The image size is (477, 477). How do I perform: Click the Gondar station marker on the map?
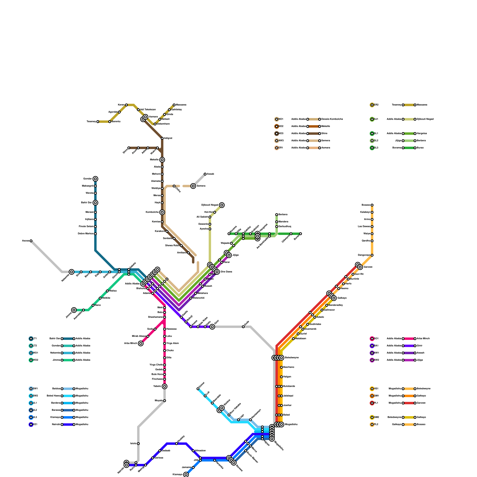click(95, 179)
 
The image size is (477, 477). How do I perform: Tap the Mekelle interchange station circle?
click(162, 160)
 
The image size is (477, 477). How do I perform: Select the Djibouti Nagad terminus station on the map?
click(222, 205)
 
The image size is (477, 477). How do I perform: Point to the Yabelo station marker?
click(165, 386)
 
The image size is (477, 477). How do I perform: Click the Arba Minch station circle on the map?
click(141, 343)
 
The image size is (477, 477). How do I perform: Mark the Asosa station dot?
click(31, 241)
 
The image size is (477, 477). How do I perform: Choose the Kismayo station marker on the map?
click(186, 475)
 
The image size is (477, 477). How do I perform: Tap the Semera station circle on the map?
click(193, 186)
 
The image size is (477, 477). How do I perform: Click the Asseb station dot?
click(205, 174)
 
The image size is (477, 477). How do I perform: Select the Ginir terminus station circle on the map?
click(212, 327)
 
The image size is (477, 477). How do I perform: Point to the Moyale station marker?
click(165, 401)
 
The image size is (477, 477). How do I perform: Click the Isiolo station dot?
click(138, 444)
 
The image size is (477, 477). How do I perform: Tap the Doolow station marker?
click(198, 389)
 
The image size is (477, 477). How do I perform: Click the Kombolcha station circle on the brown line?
click(162, 212)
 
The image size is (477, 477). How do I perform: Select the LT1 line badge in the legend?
click(31, 339)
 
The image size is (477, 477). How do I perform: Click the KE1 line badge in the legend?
click(31, 425)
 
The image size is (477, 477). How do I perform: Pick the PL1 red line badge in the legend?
click(372, 403)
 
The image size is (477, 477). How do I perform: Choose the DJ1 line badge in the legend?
click(372, 119)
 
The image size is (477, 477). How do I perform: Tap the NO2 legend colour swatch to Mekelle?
click(314, 126)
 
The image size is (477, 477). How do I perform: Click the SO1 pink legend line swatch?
click(409, 339)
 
